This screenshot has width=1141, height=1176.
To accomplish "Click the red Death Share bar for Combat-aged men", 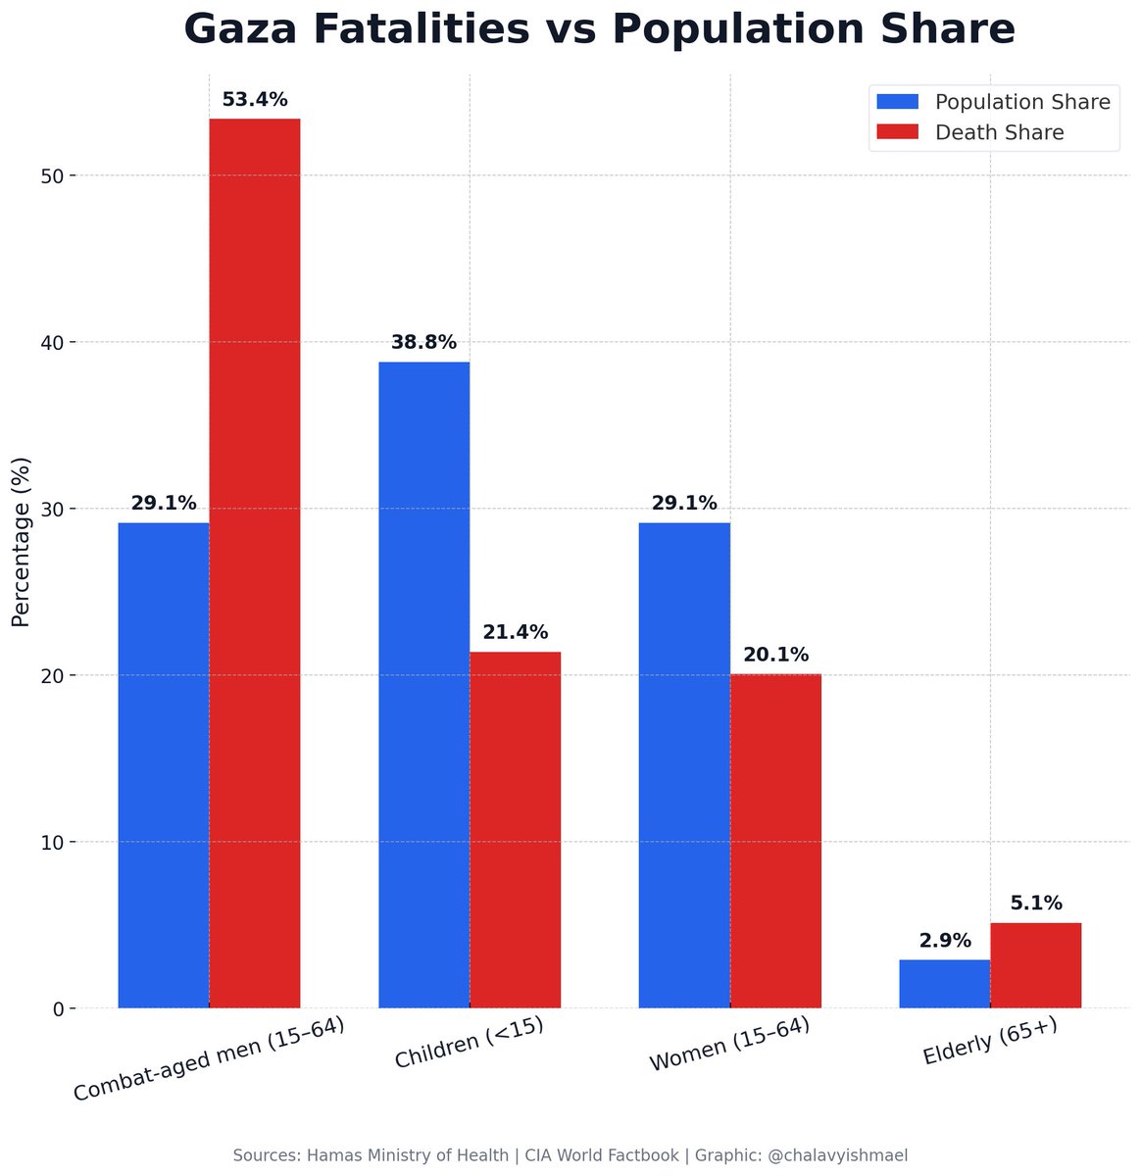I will tap(255, 563).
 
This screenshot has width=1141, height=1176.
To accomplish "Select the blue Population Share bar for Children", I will tap(423, 685).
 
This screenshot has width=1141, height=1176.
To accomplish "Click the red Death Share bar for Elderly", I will tap(1035, 965).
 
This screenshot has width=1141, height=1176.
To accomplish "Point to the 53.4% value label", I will tap(255, 100).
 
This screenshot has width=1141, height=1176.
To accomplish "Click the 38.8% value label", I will tap(423, 343).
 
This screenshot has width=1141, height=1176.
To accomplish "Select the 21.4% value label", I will tap(515, 633).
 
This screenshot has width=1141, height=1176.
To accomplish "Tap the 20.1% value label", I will tap(775, 655).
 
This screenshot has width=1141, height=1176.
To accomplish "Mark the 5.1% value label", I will tap(1035, 904).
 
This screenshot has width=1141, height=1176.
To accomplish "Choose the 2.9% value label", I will tap(945, 941).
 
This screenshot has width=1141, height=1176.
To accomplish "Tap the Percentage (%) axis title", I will tap(22, 542).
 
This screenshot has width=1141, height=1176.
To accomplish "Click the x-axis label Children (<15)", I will tap(469, 1044).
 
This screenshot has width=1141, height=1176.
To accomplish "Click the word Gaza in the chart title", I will tap(249, 29).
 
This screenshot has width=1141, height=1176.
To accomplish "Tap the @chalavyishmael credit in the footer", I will tap(837, 1156).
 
